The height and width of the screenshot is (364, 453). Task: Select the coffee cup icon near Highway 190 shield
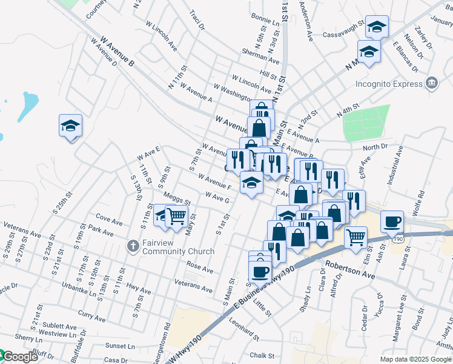pyautogui.click(x=392, y=221)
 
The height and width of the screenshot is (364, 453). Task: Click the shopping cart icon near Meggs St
pyautogui.click(x=176, y=215)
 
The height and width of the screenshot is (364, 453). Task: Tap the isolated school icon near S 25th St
pyautogui.click(x=70, y=126)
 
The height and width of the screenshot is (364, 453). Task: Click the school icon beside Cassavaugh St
pyautogui.click(x=377, y=26)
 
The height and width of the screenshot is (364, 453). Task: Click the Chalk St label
pyautogui.click(x=262, y=356)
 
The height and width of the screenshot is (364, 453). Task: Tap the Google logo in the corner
pyautogui.click(x=19, y=357)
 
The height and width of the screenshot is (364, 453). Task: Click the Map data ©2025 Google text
pyautogui.click(x=416, y=359)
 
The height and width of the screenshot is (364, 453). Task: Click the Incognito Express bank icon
pyautogui.click(x=431, y=83)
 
